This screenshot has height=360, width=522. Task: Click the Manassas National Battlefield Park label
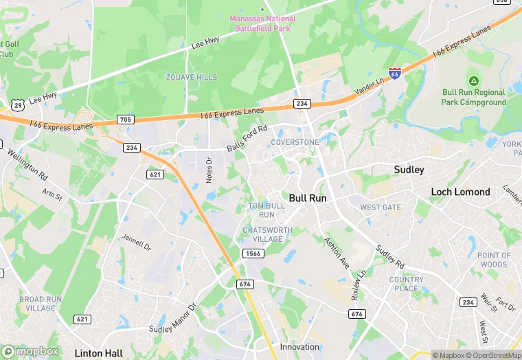tap(263, 23)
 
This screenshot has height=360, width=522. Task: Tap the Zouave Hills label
tap(191, 78)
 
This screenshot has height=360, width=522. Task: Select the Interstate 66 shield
tap(394, 73)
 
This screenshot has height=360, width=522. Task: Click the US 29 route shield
tap(17, 104)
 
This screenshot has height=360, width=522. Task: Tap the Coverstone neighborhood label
tap(295, 142)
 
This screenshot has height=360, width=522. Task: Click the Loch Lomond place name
tap(460, 192)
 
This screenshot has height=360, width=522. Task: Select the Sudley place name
tap(409, 170)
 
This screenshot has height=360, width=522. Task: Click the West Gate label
tap(381, 207)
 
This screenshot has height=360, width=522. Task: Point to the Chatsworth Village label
tap(262, 234)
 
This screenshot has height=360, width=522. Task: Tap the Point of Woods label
tap(494, 260)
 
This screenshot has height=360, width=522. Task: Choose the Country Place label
tap(406, 284)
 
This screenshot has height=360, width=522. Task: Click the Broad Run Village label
tap(41, 304)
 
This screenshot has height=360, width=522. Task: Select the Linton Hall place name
tap(100, 353)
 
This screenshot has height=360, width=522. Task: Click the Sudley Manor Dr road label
tap(173, 319)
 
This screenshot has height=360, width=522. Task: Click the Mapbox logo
tap(31, 351)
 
